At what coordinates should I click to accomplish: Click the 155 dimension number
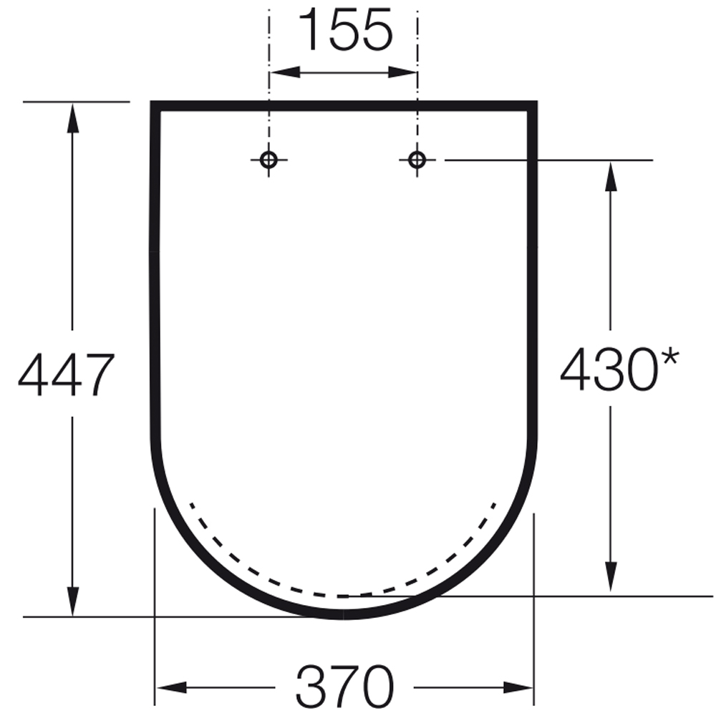(346, 29)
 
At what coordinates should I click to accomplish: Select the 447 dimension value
(66, 374)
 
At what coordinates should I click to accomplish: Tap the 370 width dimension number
(345, 687)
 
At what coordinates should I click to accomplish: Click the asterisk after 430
(669, 357)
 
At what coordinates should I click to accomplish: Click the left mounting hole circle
(268, 160)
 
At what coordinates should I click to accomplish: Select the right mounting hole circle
(417, 160)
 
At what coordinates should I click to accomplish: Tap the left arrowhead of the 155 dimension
(285, 72)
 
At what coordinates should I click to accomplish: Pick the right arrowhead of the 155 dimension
(402, 72)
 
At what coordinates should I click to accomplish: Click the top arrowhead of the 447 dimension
(72, 118)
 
